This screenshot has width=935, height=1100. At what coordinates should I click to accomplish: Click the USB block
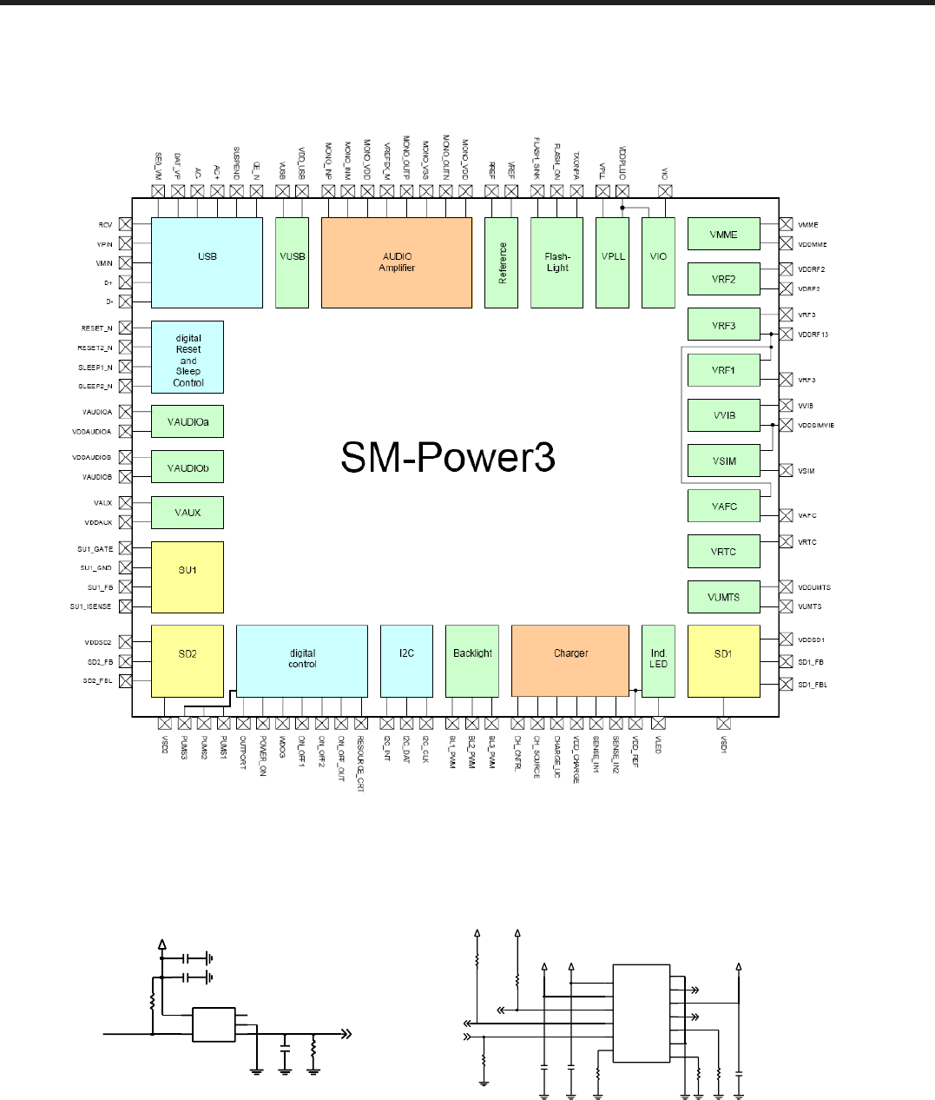pos(207,262)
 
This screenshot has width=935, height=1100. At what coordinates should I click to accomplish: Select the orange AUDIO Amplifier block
pos(397,262)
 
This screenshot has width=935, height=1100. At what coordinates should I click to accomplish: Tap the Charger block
pos(570,660)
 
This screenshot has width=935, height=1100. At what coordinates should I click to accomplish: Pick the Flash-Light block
pos(556,262)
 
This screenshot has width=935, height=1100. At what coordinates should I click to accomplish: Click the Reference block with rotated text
pos(502,262)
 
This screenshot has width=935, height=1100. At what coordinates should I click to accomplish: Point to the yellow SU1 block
pos(188,577)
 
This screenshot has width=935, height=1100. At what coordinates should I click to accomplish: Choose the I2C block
pos(406,660)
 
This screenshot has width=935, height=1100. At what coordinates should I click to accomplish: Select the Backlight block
pos(472,660)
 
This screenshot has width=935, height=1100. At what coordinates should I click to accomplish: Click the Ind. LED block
pos(658,660)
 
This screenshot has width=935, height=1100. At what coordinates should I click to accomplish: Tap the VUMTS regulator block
pos(723,597)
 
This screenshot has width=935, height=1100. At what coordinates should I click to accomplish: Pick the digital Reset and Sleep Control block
pos(188,357)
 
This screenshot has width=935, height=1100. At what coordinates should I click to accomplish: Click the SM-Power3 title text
pos(447,458)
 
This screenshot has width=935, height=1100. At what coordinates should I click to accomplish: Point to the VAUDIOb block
pos(188,467)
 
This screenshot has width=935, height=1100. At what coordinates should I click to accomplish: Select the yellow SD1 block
pos(723,660)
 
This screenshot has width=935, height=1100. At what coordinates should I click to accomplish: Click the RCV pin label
pos(105,225)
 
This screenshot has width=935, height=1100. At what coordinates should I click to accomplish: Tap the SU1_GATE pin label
pos(95,549)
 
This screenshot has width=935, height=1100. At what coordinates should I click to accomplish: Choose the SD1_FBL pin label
pos(813,685)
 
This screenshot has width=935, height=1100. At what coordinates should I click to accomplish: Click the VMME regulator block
pos(723,234)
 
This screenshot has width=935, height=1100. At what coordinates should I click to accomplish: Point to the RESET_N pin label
pos(96,328)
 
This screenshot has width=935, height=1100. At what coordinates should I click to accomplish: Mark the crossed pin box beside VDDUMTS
pos(786,587)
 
